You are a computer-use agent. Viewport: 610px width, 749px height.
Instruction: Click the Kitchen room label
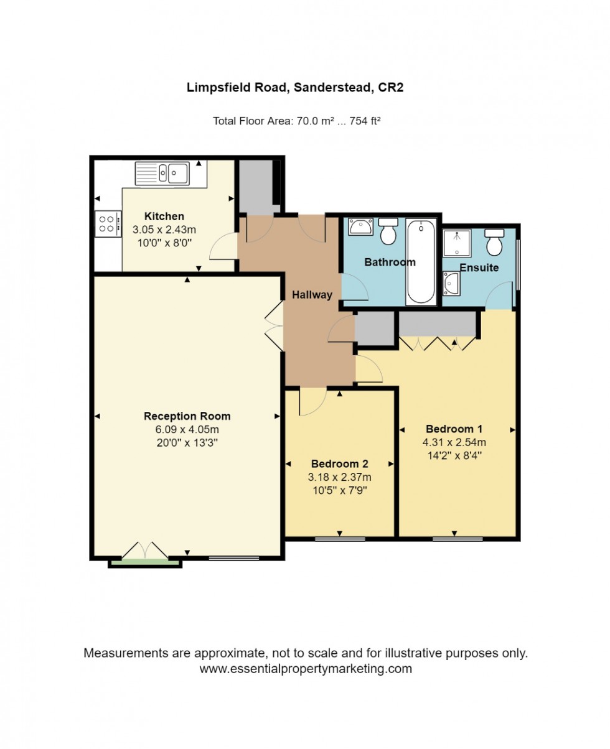pyautogui.click(x=164, y=216)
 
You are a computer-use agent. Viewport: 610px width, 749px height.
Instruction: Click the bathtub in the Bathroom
pyautogui.click(x=421, y=261)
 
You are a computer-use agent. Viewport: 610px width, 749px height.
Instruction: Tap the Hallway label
pyautogui.click(x=312, y=295)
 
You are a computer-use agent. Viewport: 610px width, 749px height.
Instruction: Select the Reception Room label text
pyautogui.click(x=187, y=416)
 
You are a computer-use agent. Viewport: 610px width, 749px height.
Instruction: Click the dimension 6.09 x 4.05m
pyautogui.click(x=187, y=429)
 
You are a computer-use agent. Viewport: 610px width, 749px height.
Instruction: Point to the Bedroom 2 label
pyautogui.click(x=340, y=463)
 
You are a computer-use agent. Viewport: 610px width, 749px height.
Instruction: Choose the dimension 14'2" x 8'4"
pyautogui.click(x=455, y=455)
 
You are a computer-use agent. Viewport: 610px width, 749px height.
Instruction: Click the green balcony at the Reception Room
pyautogui.click(x=145, y=563)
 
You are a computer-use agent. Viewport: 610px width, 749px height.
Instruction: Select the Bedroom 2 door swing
pyautogui.click(x=312, y=401)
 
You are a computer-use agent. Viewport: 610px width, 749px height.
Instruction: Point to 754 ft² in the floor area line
pyautogui.click(x=367, y=121)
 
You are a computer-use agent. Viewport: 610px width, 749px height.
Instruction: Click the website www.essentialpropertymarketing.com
pyautogui.click(x=306, y=669)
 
